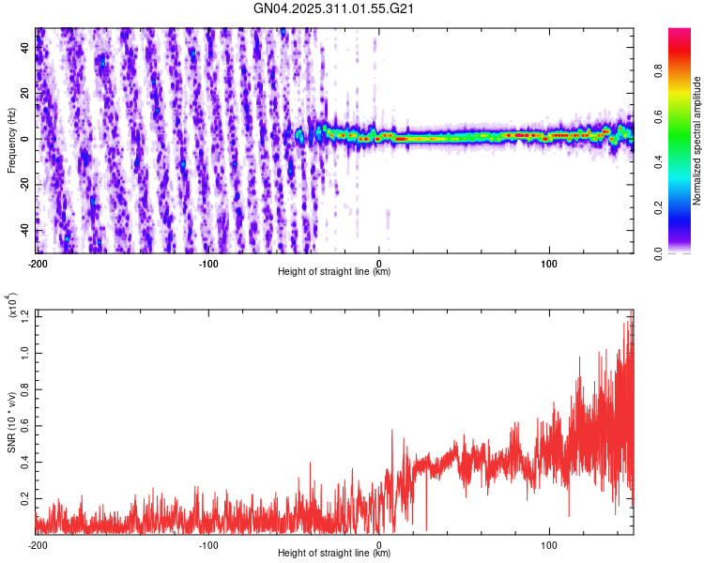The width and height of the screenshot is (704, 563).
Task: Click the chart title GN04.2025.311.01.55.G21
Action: click(335, 8)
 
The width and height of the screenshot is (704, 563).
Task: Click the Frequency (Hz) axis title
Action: click(11, 141)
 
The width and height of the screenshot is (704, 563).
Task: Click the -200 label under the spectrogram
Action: click(38, 263)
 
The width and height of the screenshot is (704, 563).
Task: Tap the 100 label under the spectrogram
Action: click(549, 263)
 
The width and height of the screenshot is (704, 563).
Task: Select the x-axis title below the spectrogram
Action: click(335, 272)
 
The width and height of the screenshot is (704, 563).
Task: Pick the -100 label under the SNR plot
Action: click(208, 544)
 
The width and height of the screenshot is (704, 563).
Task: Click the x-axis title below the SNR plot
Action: click(335, 554)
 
